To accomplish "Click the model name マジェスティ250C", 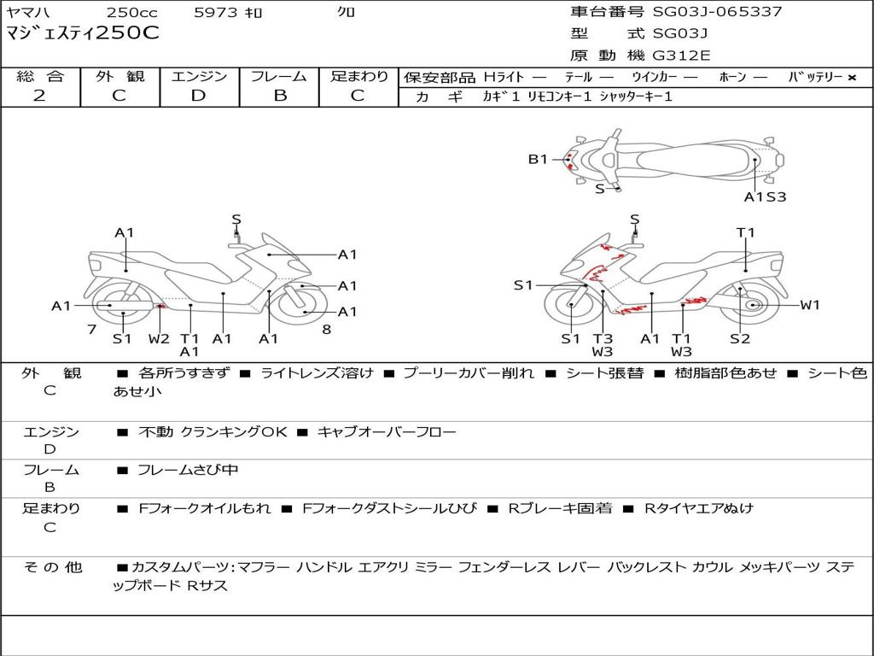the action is tap(82, 33).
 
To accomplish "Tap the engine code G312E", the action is tap(681, 56).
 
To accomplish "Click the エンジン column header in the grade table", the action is tap(199, 76).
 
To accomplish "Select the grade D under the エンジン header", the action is tap(198, 95).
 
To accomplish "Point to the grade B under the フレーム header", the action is tap(279, 95).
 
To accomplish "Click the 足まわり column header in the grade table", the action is tap(359, 76).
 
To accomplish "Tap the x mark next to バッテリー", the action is tap(851, 78).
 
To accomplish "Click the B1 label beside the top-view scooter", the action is tap(537, 159).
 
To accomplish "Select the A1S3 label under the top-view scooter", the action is tap(764, 196).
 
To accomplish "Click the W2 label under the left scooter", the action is tap(159, 338).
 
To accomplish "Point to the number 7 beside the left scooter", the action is tap(91, 329).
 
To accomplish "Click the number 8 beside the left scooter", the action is tap(326, 329).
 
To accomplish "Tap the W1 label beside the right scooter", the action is tap(809, 305).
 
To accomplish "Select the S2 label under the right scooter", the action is tap(739, 338).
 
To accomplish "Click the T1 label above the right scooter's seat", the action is tap(745, 232).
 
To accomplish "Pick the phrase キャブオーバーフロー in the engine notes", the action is tap(387, 432).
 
